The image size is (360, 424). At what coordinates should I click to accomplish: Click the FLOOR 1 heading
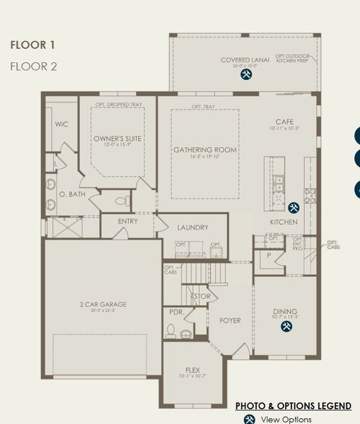click(x=33, y=45)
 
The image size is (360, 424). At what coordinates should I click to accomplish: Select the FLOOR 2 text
click(x=33, y=66)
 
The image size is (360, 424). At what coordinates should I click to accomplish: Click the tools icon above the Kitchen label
click(x=294, y=208)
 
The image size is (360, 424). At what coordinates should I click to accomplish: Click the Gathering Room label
click(x=205, y=151)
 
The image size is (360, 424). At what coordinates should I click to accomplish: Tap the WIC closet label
click(x=62, y=124)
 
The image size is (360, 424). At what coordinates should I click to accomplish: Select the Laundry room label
click(x=192, y=228)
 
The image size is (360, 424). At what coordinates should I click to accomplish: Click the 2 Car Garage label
click(x=103, y=305)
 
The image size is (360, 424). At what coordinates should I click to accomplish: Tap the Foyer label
click(x=230, y=321)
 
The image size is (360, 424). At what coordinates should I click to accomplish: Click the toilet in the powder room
click(x=170, y=329)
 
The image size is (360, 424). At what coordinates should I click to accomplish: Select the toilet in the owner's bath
click(x=120, y=201)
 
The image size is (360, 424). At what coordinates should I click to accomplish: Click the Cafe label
click(x=284, y=122)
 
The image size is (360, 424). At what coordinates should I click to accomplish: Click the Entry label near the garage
click(x=128, y=221)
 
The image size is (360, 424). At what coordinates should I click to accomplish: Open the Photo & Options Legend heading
click(x=293, y=406)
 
